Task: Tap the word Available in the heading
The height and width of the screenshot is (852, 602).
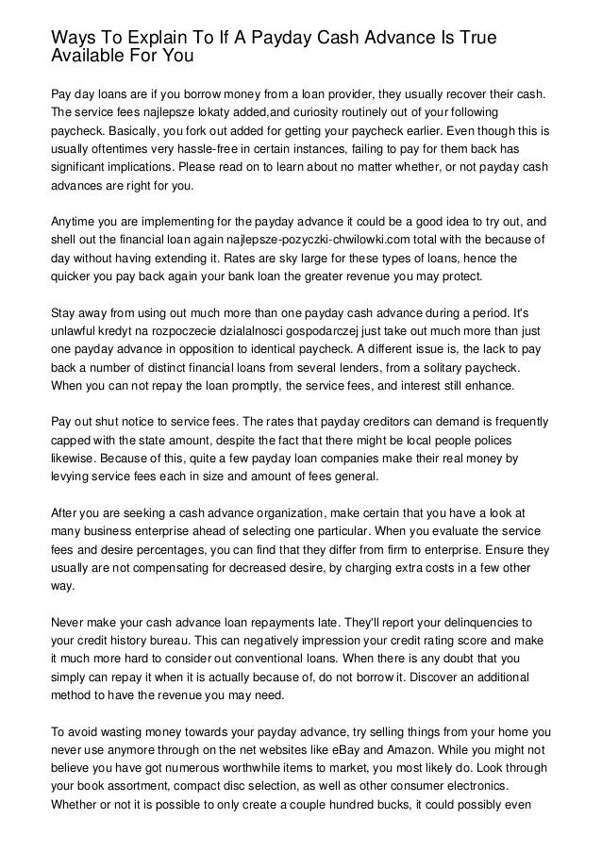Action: (87, 58)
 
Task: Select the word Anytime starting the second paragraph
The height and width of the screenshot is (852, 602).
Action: (77, 223)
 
